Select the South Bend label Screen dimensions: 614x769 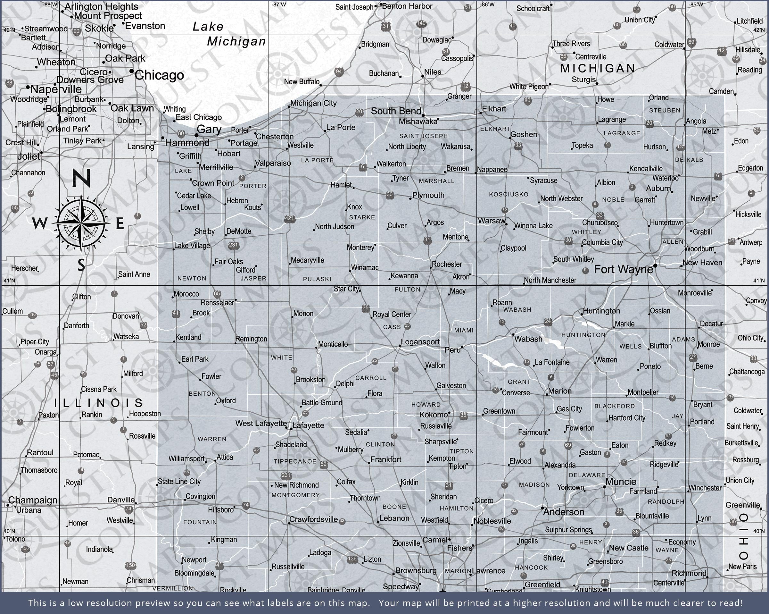coord(396,111)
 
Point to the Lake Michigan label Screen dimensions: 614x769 coord(228,34)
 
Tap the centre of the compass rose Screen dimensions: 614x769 coord(82,223)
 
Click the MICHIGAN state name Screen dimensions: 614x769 coord(598,68)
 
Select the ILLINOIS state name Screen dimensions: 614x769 coord(98,403)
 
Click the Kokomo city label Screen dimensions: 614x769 coord(434,415)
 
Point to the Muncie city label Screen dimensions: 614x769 coord(621,482)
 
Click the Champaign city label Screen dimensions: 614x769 coord(33,500)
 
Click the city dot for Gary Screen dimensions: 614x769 coord(196,135)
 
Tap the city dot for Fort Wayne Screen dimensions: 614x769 coord(655,266)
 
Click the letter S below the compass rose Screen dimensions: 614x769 coord(81,265)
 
